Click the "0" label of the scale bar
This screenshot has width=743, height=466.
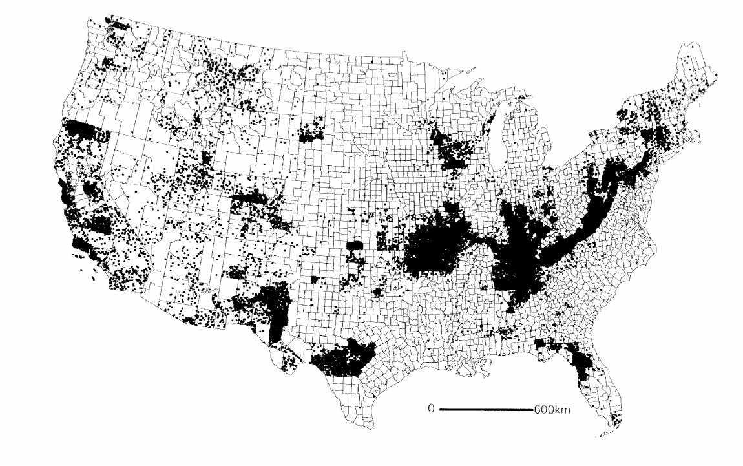tap(430, 409)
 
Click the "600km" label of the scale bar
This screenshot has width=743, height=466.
tap(551, 410)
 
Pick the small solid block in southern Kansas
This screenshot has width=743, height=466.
tap(355, 249)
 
